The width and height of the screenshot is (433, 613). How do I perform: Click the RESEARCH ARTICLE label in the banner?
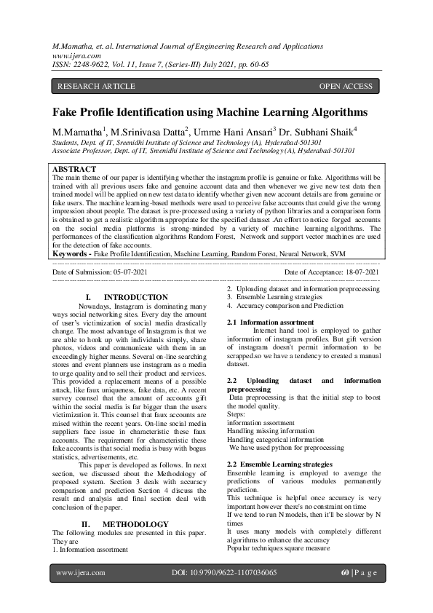pos(96,87)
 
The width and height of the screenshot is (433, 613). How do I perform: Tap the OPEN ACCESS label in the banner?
pos(346,87)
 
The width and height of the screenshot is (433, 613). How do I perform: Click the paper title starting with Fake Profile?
pos(210,113)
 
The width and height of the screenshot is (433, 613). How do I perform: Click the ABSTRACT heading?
pos(74,170)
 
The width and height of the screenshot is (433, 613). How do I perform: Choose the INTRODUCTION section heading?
pos(135,298)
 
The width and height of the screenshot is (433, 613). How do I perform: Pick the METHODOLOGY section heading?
pos(135,524)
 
